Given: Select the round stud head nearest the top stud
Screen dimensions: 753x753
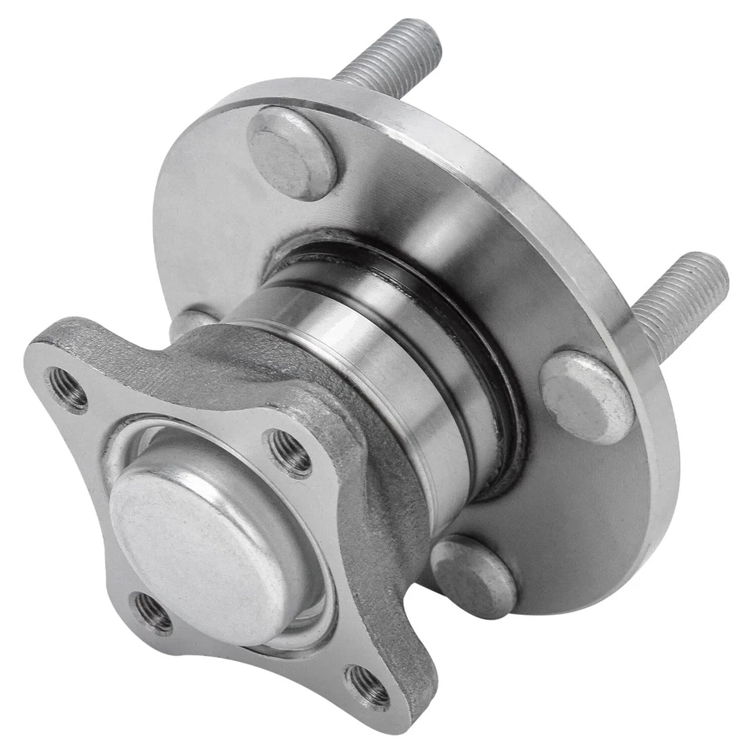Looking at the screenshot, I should point(293,153).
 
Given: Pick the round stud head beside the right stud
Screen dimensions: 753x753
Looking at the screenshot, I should point(586,396).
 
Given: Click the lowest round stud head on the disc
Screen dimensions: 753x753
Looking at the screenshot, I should point(473,577).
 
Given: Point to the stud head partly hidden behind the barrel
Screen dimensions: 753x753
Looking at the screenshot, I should point(188,322).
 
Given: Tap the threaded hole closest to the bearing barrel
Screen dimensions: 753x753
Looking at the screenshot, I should point(289,453).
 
